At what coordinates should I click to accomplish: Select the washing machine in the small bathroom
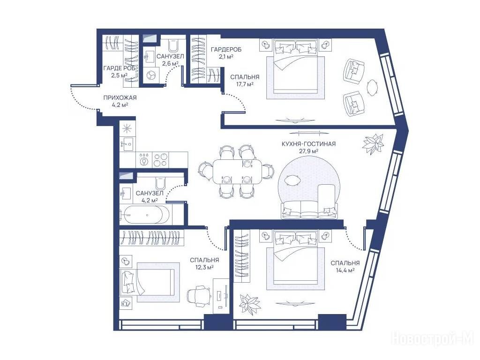(x=150, y=75)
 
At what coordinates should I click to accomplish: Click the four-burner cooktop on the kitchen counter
(x=160, y=159)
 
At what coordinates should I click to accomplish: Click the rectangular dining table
(x=238, y=172)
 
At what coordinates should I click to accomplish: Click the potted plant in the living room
(x=373, y=144)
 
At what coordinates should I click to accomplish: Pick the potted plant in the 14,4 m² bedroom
(x=250, y=304)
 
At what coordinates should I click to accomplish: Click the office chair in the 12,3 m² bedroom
(x=199, y=296)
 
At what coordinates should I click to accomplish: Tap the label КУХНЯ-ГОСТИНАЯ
(x=308, y=144)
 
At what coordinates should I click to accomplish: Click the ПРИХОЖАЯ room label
(x=120, y=97)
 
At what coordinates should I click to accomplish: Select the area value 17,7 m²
(x=242, y=84)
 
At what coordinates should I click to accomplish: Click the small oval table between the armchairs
(x=372, y=88)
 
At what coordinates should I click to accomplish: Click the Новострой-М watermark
(x=433, y=339)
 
